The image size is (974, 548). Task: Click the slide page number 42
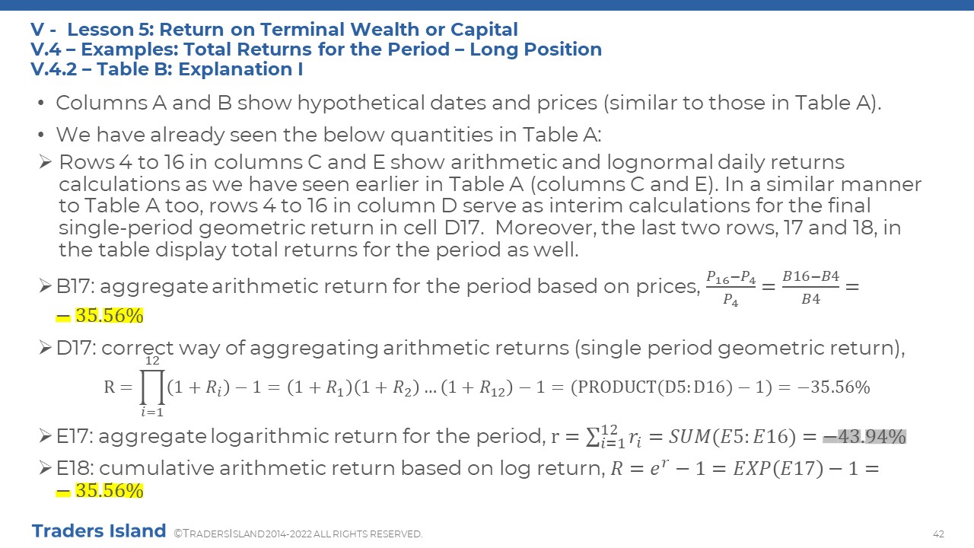pyautogui.click(x=938, y=534)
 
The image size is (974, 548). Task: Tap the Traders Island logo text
pyautogui.click(x=99, y=530)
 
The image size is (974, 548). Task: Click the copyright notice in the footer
pyautogui.click(x=298, y=534)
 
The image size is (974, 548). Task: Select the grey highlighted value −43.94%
pyautogui.click(x=864, y=436)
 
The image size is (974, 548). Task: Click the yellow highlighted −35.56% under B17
pyautogui.click(x=100, y=316)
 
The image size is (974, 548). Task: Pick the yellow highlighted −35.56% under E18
pyautogui.click(x=100, y=491)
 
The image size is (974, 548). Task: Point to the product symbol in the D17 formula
pyautogui.click(x=152, y=387)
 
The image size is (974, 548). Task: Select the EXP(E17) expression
pyautogui.click(x=778, y=468)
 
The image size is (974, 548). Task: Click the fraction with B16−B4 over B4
pyautogui.click(x=810, y=288)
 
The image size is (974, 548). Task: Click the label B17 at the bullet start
pyautogui.click(x=75, y=286)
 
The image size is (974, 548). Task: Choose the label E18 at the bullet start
pyautogui.click(x=74, y=468)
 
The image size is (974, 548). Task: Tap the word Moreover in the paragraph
pyautogui.click(x=546, y=228)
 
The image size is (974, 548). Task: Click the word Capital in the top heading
pyautogui.click(x=484, y=30)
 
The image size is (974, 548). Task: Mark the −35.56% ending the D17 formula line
pyautogui.click(x=833, y=387)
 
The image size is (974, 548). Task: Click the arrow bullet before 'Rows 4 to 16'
pyautogui.click(x=45, y=162)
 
